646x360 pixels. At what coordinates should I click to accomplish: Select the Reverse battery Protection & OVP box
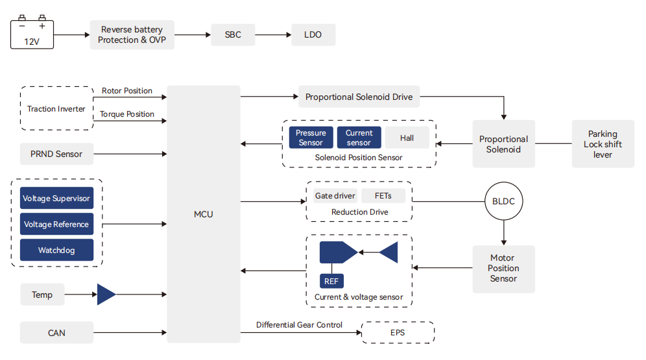click(132, 35)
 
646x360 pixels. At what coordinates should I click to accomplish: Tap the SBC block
click(233, 35)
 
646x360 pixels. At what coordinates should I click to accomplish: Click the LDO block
click(313, 35)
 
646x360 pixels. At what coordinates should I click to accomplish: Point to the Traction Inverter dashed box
click(56, 109)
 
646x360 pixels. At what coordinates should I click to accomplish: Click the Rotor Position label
click(127, 91)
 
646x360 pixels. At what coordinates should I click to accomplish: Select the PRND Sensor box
click(56, 154)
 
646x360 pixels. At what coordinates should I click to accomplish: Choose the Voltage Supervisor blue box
click(56, 198)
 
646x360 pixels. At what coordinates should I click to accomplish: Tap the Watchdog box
click(56, 250)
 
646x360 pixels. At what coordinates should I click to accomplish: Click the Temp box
click(42, 295)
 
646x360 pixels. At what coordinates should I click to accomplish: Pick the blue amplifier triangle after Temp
click(105, 294)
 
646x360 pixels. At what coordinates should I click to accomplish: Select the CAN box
click(56, 333)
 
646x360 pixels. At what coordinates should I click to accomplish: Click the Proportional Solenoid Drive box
click(359, 97)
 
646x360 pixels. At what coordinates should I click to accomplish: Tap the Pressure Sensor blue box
click(311, 138)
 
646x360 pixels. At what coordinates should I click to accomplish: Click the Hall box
click(407, 138)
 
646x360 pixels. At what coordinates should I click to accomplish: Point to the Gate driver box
click(335, 195)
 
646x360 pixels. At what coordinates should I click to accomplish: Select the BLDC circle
click(503, 201)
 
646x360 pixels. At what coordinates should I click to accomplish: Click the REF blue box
click(331, 281)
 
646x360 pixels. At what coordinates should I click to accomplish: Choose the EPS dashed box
click(398, 333)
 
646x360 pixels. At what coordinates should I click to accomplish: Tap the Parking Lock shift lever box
click(603, 144)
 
